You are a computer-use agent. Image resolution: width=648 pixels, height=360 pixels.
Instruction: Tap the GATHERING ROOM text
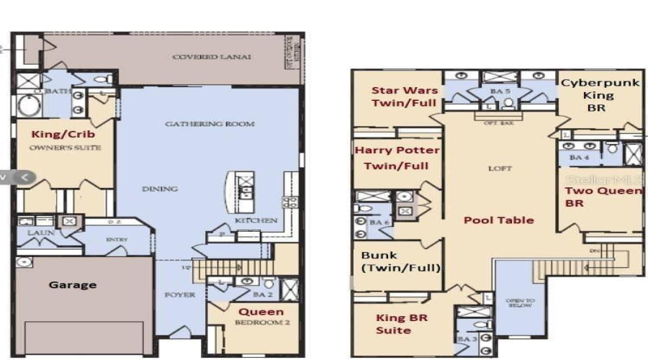coord(210,124)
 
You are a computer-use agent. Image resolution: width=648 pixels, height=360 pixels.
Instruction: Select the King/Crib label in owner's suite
coord(62,134)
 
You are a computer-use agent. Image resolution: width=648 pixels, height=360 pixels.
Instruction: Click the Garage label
coord(73,284)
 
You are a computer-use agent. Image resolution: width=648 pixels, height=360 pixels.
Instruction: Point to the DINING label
coord(160,189)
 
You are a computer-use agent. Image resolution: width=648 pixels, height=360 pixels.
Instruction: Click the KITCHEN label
coord(256,220)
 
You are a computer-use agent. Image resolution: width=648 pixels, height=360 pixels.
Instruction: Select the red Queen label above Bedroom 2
coord(261,312)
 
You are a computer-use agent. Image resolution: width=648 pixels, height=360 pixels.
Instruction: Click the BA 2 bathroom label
coord(261,294)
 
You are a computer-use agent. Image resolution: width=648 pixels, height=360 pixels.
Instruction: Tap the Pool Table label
coord(498,220)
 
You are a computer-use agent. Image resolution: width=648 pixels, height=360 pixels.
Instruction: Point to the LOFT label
coord(500,168)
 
